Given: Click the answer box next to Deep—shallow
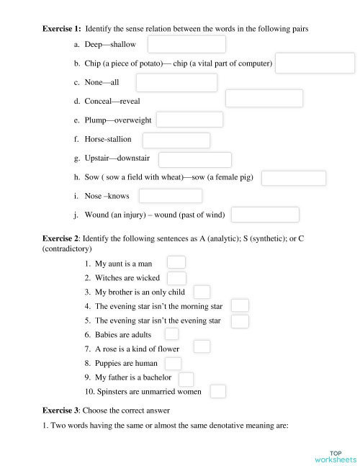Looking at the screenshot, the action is (186, 45).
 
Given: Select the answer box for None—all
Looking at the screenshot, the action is (177, 82).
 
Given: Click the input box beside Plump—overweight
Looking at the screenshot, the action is (189, 120).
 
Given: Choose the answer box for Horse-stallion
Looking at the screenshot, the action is (176, 140).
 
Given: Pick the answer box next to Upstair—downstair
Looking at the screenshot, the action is (194, 159).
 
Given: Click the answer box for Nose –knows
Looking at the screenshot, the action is (170, 196).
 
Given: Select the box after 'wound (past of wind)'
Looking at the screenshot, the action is (265, 215).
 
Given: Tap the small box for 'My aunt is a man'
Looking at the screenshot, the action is (176, 263).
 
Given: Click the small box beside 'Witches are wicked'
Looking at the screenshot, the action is (176, 277).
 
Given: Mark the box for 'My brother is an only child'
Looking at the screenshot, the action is (202, 292).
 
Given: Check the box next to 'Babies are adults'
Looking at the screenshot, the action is (171, 334).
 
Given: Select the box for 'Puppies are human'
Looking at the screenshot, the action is (173, 363).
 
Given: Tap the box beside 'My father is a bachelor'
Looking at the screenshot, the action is (186, 377).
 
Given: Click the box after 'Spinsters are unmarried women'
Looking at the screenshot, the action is (218, 391).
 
